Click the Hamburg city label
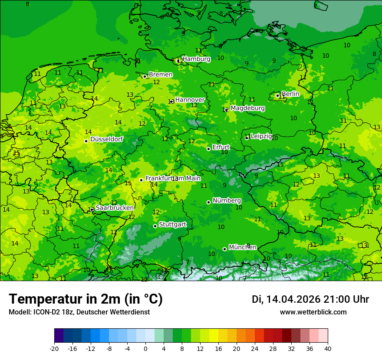coord(196,59)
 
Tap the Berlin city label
coord(290,94)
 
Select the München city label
coord(242,247)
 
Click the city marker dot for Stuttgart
coord(155,226)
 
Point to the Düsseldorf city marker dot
coord(86,141)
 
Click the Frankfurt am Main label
coord(173,178)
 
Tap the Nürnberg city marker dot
coord(208,202)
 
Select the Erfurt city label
coord(221,147)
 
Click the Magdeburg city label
coord(247,108)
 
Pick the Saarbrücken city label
coord(115,208)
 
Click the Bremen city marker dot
coord(145,76)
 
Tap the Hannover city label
coord(190,100)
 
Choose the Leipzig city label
coord(261,136)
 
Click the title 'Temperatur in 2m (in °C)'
coord(86,299)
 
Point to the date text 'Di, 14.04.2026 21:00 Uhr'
coord(310,299)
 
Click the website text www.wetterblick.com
coord(313,312)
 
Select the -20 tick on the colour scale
coord(54,348)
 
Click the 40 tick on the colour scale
coord(328,348)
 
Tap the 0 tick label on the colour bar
coord(145,348)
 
